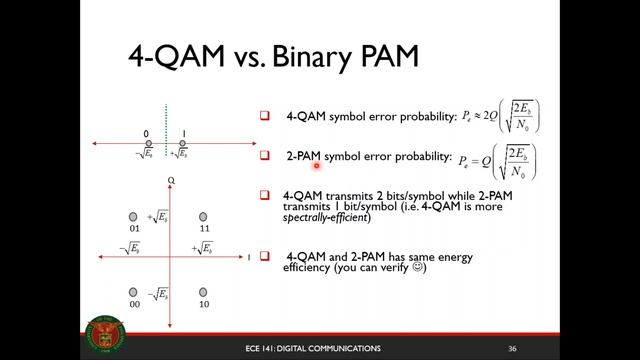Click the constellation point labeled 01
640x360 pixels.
click(133, 217)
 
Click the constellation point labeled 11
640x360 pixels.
click(203, 217)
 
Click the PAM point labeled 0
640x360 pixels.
click(149, 144)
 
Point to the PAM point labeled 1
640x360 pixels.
click(182, 144)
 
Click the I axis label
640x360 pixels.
click(248, 257)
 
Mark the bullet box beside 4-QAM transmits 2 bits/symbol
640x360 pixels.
click(266, 195)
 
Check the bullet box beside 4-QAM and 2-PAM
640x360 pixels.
click(266, 257)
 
